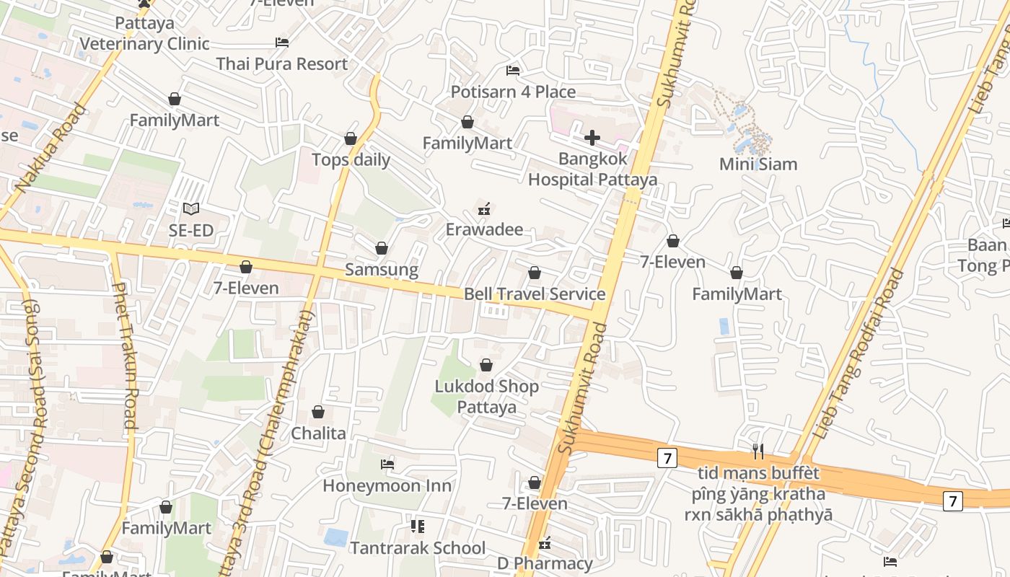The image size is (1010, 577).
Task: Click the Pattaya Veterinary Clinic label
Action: [144, 34]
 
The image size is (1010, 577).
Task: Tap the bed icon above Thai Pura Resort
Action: [282, 43]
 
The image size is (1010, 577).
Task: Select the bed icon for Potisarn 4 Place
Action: [513, 71]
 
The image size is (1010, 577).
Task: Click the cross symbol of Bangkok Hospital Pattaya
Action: [592, 137]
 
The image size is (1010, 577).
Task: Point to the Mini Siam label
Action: [758, 164]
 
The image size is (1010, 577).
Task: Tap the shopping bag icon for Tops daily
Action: [351, 138]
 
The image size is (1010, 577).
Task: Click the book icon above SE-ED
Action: [190, 209]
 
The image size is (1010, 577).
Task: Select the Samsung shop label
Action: [382, 270]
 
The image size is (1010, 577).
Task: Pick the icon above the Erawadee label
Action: [484, 210]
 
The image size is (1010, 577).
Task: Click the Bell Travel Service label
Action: [535, 294]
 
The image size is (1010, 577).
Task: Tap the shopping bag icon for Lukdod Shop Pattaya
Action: [486, 366]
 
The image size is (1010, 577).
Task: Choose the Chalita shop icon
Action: [318, 413]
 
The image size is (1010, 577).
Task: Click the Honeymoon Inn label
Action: [387, 485]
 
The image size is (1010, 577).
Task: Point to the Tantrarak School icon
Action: [418, 527]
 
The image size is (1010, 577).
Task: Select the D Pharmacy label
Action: [545, 563]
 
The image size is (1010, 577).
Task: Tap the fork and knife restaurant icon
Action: [758, 452]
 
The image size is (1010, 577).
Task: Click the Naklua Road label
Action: [50, 150]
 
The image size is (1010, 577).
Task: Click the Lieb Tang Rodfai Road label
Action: [858, 353]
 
